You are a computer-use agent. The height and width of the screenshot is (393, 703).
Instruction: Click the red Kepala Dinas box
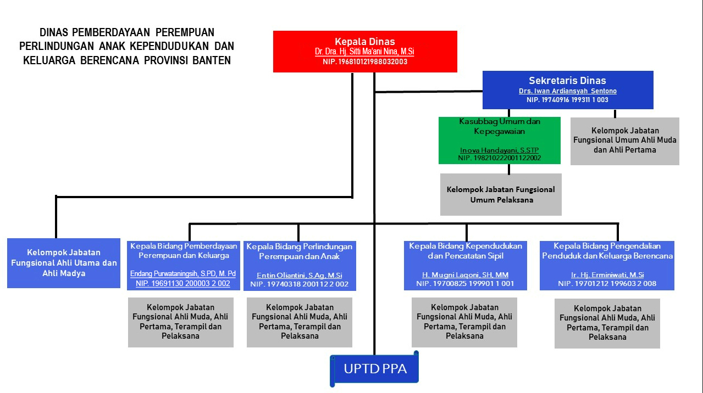click(365, 51)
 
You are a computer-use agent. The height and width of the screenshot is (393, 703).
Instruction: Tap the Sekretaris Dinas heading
click(567, 81)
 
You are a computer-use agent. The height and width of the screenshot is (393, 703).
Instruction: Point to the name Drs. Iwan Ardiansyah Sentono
click(567, 91)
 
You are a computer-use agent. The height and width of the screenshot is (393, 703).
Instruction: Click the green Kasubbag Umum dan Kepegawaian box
click(499, 140)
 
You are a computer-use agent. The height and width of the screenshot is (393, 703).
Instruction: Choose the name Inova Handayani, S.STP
click(499, 150)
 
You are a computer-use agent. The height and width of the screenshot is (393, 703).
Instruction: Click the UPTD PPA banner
click(375, 369)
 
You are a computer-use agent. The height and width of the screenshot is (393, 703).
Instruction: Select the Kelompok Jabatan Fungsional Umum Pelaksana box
click(501, 194)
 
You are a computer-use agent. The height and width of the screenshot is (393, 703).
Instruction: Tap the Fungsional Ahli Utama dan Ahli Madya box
click(64, 263)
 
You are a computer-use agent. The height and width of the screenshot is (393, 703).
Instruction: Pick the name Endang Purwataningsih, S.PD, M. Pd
click(183, 274)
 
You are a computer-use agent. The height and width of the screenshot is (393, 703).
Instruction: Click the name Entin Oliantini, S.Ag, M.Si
click(300, 276)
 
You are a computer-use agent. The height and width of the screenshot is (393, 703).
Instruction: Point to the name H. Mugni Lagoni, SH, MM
click(465, 275)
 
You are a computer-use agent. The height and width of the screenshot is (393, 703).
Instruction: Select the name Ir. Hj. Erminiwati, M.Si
click(607, 275)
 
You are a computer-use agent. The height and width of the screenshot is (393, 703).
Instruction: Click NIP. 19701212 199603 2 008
click(607, 284)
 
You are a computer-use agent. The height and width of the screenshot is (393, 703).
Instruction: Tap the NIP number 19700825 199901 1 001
click(465, 284)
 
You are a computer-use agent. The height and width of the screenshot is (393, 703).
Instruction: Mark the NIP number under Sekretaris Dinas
click(567, 100)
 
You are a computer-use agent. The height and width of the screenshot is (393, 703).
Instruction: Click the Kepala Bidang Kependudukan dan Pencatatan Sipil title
click(465, 251)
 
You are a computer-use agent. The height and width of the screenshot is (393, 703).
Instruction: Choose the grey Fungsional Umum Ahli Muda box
click(624, 141)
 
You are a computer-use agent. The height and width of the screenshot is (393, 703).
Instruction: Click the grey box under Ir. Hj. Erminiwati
click(607, 323)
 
